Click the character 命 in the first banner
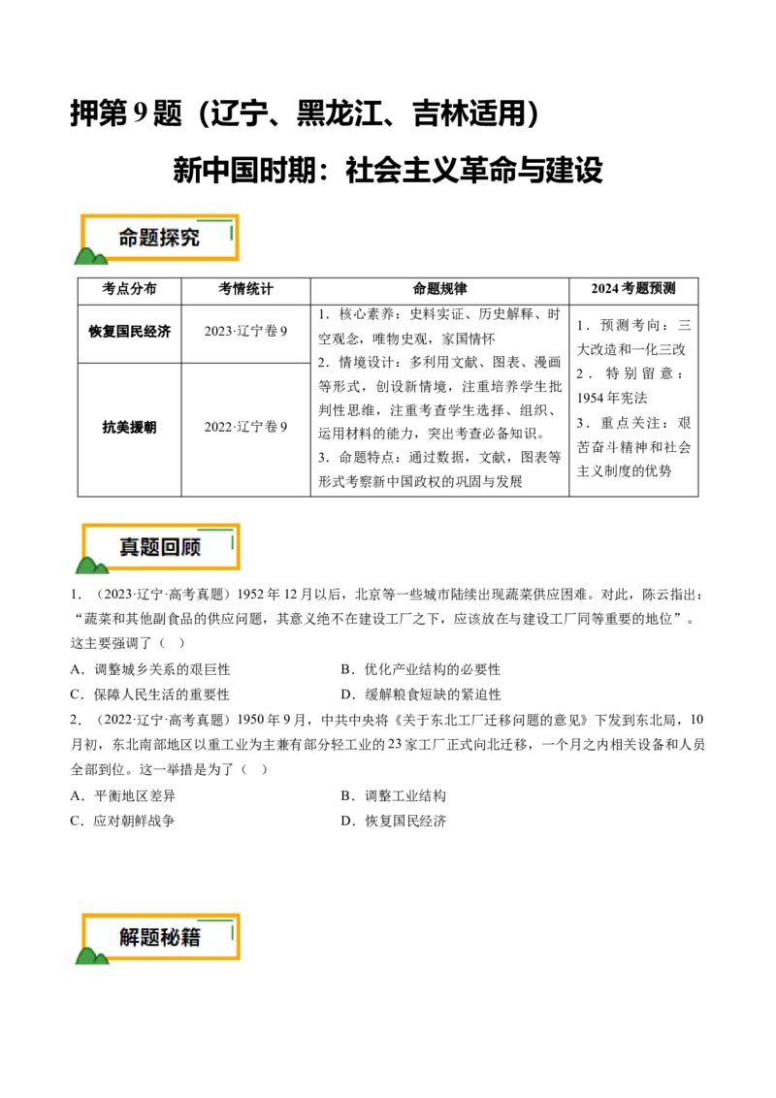pos(129,238)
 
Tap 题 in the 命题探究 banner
pos(149,238)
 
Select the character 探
pos(170,238)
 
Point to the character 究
pos(190,238)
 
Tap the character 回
pos(171,547)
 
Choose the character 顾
pos(191,547)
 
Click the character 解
pos(130,937)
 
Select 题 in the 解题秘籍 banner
pos(150,937)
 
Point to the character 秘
pos(171,937)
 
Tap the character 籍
pos(191,937)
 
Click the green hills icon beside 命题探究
pos(90,257)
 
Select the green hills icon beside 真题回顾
pos(91,565)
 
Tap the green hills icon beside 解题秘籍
pos(92,955)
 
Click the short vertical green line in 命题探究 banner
pos(232,233)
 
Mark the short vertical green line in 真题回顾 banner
pos(233,542)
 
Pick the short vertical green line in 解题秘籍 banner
pos(233,932)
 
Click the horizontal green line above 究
pos(214,221)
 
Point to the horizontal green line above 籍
pos(215,920)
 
